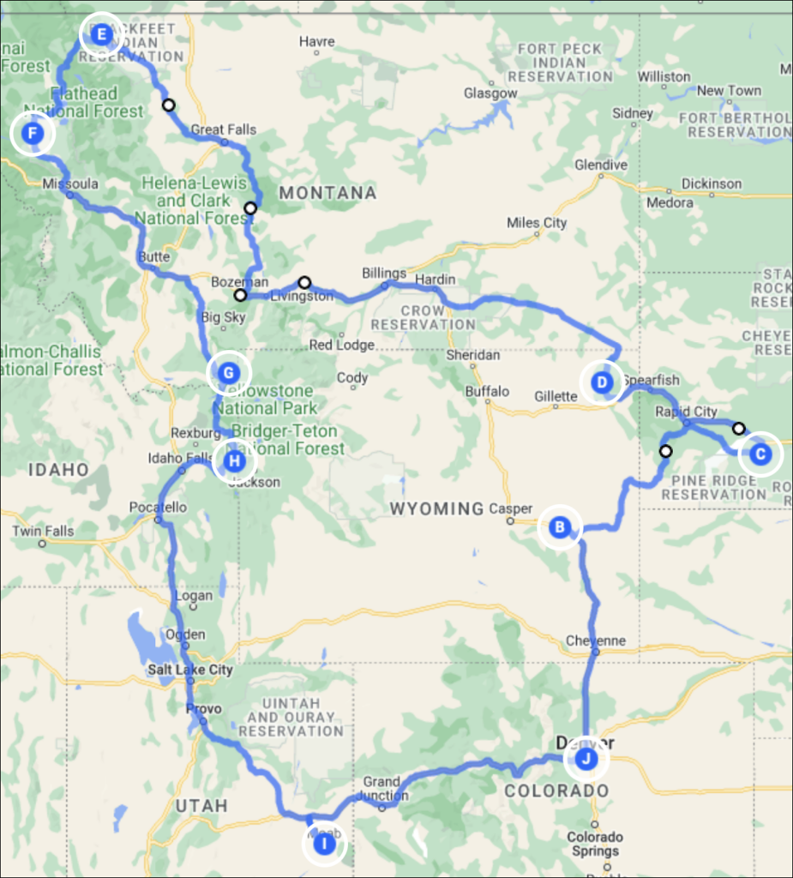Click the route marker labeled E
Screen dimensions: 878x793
[101, 35]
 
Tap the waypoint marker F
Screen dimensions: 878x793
[33, 134]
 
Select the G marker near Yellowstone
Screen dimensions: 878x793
[228, 373]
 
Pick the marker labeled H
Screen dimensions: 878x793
[234, 462]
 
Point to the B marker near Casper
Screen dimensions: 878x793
[560, 526]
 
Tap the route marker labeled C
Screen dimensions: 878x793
[760, 454]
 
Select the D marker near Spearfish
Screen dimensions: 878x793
[603, 382]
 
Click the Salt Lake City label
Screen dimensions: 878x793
[189, 670]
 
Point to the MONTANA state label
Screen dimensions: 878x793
[327, 193]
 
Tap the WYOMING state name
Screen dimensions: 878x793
[436, 509]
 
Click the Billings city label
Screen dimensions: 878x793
[384, 274]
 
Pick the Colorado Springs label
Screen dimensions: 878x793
[595, 844]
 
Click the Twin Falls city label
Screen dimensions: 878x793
[43, 531]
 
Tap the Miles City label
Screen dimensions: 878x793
[537, 223]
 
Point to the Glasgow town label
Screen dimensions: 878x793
[490, 93]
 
